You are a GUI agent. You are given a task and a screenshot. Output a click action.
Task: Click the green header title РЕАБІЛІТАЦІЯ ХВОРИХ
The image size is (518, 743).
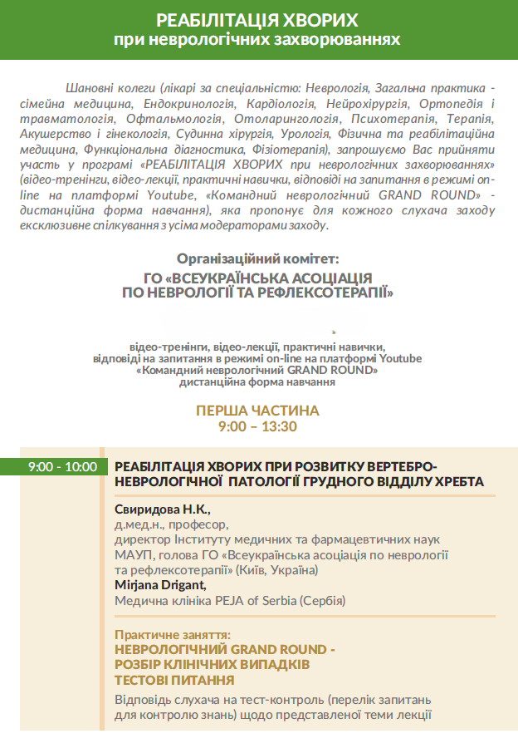point(257,20)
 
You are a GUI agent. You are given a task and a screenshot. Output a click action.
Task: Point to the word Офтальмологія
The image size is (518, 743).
point(150,120)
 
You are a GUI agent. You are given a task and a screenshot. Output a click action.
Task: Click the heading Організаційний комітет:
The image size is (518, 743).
point(257,259)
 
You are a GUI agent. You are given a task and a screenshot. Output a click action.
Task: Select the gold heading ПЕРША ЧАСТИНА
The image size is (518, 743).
point(257,411)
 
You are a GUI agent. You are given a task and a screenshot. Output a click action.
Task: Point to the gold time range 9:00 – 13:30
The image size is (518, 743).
point(257,426)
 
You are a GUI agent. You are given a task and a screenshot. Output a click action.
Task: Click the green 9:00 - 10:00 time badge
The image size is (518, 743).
point(62,467)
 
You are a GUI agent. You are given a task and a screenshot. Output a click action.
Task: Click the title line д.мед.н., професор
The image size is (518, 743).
point(171,524)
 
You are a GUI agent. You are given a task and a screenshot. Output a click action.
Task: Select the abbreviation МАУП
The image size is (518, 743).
point(131,555)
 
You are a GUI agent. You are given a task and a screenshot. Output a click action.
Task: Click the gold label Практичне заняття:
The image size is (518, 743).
point(172,633)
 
